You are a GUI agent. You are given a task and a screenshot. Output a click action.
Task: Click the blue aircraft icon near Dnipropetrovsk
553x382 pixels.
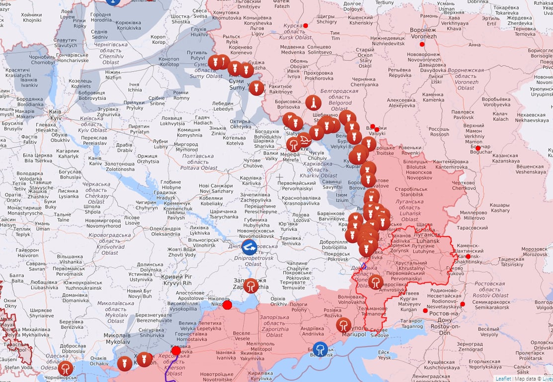(249, 246)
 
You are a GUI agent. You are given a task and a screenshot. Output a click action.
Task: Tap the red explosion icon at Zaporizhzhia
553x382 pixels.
(251, 286)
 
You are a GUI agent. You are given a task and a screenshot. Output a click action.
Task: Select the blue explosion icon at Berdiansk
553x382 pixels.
(320, 349)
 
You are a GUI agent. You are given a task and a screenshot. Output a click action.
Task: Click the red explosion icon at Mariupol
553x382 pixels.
(343, 325)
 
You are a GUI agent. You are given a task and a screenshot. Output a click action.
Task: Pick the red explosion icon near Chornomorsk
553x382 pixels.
(66, 368)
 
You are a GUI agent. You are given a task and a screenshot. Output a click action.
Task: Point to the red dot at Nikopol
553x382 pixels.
(227, 305)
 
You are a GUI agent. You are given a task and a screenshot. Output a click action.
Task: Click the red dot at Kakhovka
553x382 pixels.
(176, 351)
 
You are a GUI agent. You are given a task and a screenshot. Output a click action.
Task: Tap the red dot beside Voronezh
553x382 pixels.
(422, 44)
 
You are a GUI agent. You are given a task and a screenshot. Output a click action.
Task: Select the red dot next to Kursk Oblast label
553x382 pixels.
(306, 25)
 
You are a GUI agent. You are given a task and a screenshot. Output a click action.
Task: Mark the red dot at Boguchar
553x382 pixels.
(478, 148)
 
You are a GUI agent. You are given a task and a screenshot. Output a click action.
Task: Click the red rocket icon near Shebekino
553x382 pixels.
(313, 102)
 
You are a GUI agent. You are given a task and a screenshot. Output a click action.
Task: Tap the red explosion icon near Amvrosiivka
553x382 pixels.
(376, 282)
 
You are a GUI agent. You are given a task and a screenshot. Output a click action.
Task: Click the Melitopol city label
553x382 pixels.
(260, 347)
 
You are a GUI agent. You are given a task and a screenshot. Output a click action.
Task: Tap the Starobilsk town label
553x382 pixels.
(408, 192)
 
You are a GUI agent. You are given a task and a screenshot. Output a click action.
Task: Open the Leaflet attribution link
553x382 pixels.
(503, 379)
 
